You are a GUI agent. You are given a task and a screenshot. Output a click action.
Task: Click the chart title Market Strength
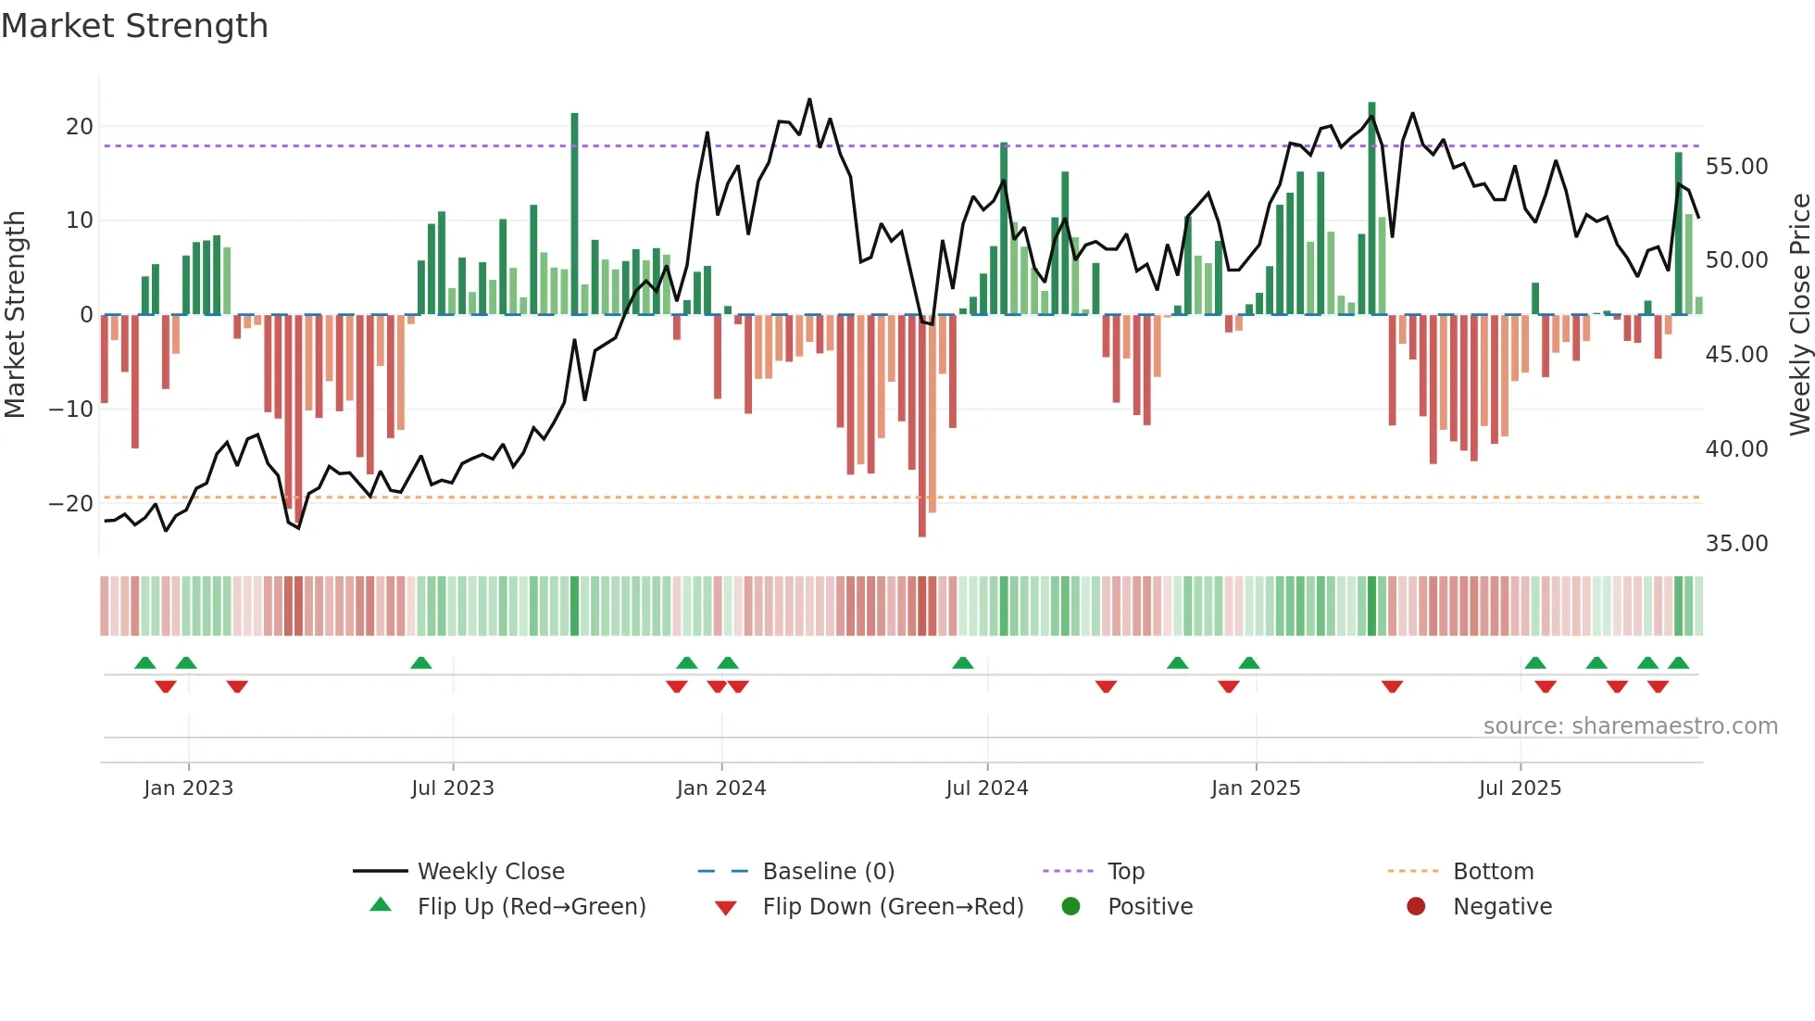(134, 26)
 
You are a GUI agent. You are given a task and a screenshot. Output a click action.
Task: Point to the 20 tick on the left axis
(80, 127)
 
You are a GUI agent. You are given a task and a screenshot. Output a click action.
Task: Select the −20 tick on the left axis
(72, 504)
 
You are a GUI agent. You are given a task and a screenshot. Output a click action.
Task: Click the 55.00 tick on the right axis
(1736, 167)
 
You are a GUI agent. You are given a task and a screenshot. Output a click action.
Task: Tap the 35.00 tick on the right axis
(1736, 544)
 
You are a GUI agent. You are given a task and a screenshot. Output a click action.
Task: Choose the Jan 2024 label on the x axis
(721, 788)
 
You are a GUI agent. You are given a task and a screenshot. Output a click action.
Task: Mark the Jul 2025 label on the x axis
(1520, 788)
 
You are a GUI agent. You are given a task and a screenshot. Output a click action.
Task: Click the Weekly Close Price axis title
(1799, 315)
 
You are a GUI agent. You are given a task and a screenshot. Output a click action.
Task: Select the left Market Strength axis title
(16, 315)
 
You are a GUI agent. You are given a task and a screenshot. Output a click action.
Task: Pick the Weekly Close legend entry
(490, 872)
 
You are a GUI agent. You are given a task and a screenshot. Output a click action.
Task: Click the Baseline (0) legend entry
(828, 872)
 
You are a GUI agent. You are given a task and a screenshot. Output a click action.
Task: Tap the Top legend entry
(1125, 872)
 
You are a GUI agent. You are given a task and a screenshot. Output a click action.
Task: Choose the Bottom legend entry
(1493, 872)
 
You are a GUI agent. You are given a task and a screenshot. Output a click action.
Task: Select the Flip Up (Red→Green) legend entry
(531, 907)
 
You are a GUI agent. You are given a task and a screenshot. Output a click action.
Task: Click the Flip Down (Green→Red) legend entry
(893, 907)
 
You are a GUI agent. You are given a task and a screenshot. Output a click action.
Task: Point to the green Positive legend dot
(1071, 906)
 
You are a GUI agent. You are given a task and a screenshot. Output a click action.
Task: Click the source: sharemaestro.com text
(1630, 726)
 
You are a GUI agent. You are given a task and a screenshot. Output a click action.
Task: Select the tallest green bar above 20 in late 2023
(575, 213)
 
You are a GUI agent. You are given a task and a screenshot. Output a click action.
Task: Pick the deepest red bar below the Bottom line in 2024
(922, 426)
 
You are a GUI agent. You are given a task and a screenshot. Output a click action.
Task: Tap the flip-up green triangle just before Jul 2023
(421, 662)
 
